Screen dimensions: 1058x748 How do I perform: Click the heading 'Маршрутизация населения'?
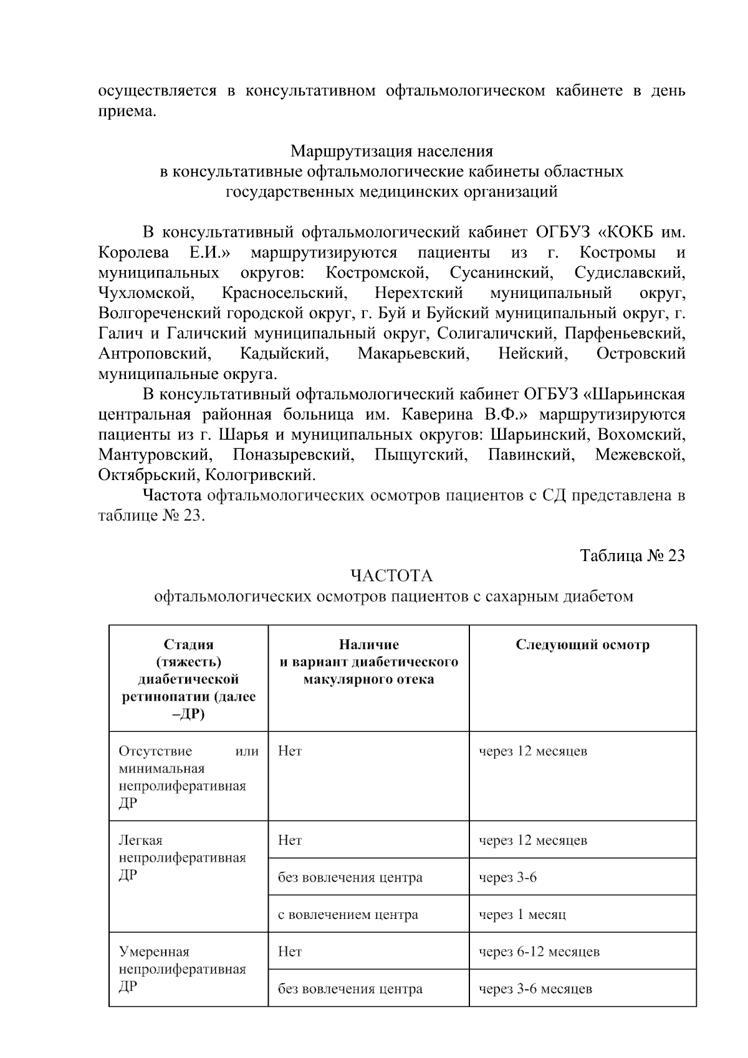391,151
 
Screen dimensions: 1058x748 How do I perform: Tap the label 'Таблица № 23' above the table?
632,555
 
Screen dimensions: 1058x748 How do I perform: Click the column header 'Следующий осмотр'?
582,645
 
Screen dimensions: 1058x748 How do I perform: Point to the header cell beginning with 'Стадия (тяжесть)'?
188,679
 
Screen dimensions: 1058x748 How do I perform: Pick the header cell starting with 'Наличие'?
368,661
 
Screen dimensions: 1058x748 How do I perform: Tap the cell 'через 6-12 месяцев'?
539,951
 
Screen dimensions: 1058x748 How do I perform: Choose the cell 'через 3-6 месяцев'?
535,989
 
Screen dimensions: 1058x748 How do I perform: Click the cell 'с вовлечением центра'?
348,915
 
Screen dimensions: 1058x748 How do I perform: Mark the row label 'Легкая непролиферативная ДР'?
182,858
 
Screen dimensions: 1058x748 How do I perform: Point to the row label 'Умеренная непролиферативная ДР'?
182,969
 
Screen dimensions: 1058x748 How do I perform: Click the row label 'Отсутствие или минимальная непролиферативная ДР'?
188,777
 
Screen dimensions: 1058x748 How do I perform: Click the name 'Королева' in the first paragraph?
133,253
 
